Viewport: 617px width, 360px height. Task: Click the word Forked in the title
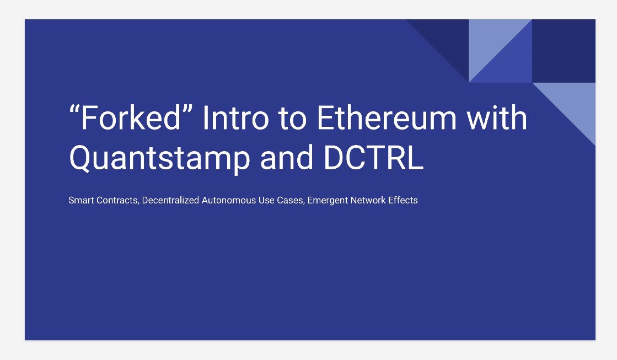coord(131,117)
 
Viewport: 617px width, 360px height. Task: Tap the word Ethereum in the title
coord(386,117)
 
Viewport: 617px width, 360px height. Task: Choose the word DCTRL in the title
coord(373,157)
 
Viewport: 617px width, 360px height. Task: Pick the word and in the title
coord(287,157)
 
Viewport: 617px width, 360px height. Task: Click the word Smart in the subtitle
coord(81,200)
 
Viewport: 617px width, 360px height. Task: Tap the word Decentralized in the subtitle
coord(170,200)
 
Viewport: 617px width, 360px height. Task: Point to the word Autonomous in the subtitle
coord(229,200)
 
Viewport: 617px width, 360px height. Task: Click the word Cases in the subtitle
coord(291,201)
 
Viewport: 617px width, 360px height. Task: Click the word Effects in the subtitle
coord(403,200)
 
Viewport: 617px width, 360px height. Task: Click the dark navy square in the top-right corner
coord(564,51)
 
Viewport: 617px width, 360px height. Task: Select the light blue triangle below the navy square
coord(574,104)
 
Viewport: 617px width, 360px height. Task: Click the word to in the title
coord(292,118)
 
